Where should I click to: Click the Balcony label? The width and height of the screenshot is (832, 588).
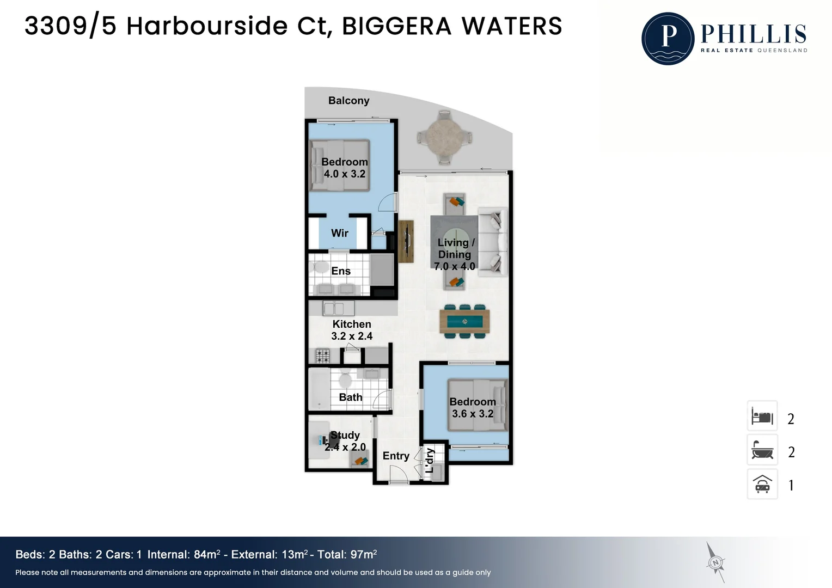coord(349,101)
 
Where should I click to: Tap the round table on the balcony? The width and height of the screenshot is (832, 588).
coord(444,138)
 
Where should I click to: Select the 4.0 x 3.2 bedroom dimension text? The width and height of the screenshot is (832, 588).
coord(345,174)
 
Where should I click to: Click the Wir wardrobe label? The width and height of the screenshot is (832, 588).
coord(339,233)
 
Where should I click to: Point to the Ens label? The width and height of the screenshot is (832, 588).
coord(341,271)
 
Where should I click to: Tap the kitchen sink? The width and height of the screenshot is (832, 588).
coord(338,308)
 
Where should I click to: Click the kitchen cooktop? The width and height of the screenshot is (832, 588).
coord(322,356)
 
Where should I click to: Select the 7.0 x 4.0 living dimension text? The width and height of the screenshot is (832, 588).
coord(455,266)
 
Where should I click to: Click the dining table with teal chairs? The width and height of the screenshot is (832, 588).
coord(464,321)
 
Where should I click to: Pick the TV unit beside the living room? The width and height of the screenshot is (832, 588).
coord(406,241)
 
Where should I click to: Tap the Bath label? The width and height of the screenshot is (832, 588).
coord(350,397)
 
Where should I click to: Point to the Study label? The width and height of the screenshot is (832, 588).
coord(345,435)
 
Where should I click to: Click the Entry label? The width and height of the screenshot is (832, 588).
coord(396,456)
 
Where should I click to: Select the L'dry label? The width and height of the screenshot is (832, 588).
coord(430,461)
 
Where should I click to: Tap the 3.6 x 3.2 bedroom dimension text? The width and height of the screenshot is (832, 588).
coord(473,414)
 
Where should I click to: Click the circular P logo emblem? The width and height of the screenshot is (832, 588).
coord(668,39)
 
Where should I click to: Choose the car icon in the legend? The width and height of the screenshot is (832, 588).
coord(762,485)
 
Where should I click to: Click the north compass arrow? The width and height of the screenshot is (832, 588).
coord(715,562)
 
